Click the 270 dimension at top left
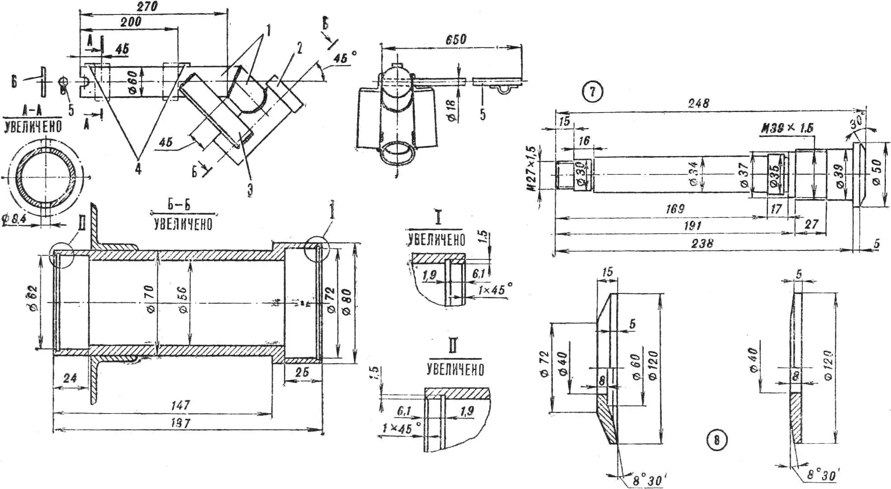click(x=147, y=6)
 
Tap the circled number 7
click(x=592, y=92)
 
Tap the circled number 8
click(x=717, y=439)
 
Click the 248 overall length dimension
click(x=698, y=103)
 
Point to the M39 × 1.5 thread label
click(x=787, y=128)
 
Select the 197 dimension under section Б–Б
click(x=180, y=423)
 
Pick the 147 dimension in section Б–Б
click(x=180, y=405)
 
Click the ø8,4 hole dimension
click(x=15, y=220)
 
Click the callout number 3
click(x=250, y=189)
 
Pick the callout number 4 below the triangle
click(x=138, y=169)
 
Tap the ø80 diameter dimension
click(x=347, y=302)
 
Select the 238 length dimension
click(x=702, y=243)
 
